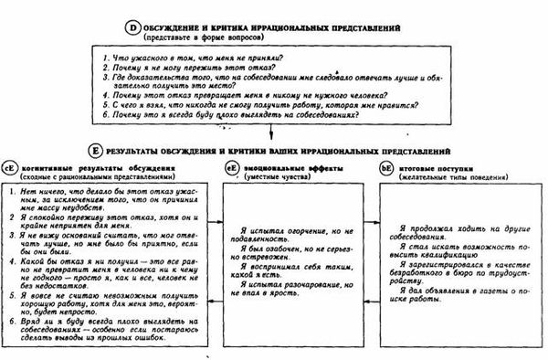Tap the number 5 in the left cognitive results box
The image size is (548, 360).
click(x=8, y=295)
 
